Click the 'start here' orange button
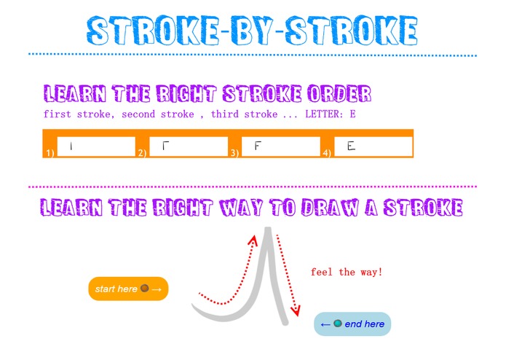tap(128, 289)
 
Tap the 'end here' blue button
tap(352, 324)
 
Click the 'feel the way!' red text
tap(346, 273)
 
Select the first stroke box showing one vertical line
tap(96, 146)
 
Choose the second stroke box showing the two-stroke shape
tap(189, 146)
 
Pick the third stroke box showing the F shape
tap(280, 146)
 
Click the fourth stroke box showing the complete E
tap(373, 146)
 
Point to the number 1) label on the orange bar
tap(50, 153)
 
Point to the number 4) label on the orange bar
tap(328, 153)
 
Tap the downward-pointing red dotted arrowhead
tap(295, 311)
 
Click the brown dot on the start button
tap(144, 289)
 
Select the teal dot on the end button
tap(337, 323)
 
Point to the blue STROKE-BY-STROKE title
tap(253, 31)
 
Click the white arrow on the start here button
tap(157, 290)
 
